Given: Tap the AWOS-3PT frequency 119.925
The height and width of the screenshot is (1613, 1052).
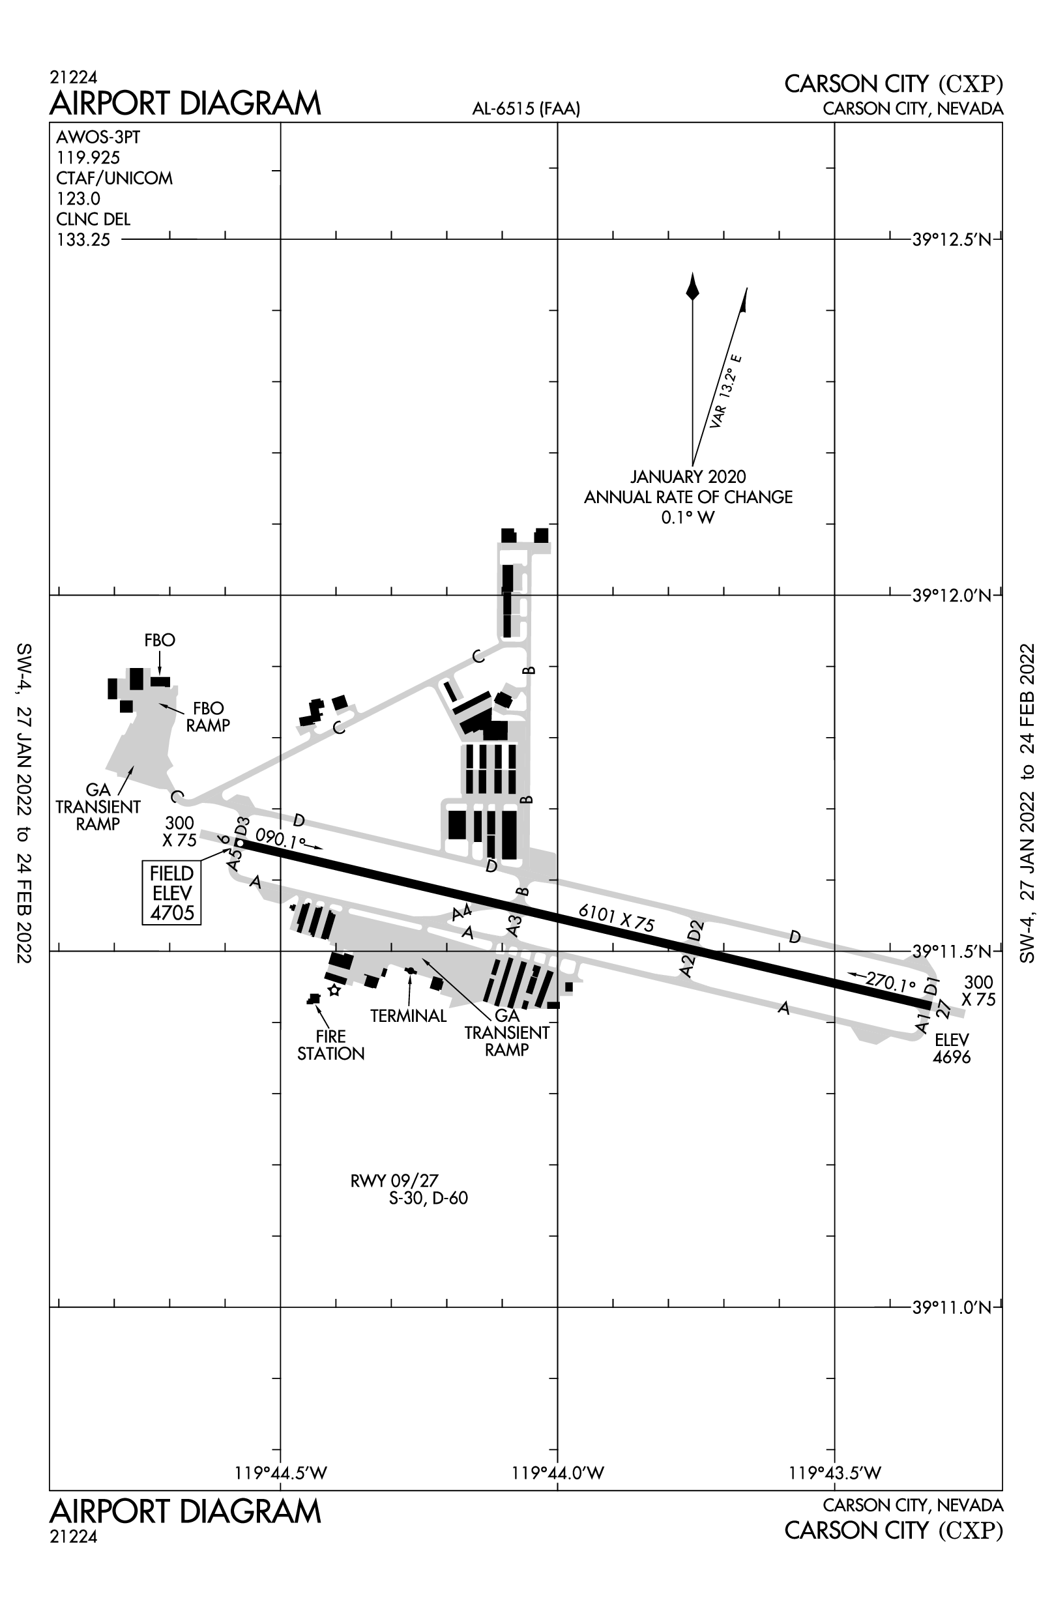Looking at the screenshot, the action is (x=88, y=158).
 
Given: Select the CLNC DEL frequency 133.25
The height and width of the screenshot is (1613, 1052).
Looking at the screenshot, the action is (x=83, y=240).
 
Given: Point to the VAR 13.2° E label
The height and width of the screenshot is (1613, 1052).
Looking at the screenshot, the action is (x=725, y=391).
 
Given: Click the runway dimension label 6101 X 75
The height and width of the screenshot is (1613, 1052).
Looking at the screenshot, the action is (x=616, y=918).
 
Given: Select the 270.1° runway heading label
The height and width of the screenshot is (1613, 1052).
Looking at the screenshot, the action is (x=890, y=981).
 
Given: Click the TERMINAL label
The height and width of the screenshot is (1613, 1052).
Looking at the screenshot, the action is (x=408, y=1016).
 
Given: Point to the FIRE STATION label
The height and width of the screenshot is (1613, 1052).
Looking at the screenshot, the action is (x=330, y=1045).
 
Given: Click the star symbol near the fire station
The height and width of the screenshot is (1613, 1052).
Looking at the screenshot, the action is (x=334, y=991).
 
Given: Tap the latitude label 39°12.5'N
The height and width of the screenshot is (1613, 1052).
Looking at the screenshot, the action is (x=952, y=239).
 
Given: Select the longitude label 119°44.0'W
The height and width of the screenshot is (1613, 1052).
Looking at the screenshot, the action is (x=557, y=1473).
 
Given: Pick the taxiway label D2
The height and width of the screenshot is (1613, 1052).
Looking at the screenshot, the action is (x=695, y=931).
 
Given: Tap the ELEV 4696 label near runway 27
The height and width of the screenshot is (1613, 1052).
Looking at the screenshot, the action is (x=952, y=1048).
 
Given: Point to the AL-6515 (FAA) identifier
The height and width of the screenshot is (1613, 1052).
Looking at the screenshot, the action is (x=526, y=108).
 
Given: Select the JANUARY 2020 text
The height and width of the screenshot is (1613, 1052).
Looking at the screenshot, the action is (x=688, y=476).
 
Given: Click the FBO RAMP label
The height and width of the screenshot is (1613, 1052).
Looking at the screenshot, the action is (x=208, y=716).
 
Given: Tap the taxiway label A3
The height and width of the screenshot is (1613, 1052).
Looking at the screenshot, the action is (x=514, y=926).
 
